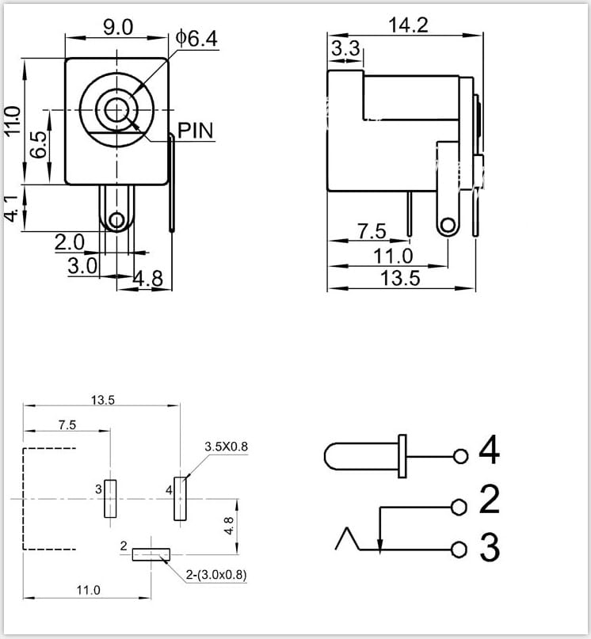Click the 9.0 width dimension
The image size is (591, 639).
(118, 28)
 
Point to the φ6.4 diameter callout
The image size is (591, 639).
(196, 38)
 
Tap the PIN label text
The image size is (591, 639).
(196, 131)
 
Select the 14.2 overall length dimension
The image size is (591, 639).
(408, 25)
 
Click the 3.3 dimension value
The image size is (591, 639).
(345, 48)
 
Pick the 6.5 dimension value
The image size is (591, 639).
(39, 145)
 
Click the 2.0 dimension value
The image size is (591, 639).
(70, 242)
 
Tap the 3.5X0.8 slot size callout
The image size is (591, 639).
(226, 447)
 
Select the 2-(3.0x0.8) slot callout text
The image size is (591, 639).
(216, 575)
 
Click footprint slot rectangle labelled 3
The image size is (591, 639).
(110, 498)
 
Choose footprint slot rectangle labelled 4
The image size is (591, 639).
(181, 498)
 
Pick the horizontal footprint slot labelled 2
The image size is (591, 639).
(151, 554)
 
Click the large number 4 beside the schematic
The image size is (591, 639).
(489, 450)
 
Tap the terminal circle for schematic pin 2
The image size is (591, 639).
(459, 508)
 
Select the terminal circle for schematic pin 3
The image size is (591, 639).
(459, 550)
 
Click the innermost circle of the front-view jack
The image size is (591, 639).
(117, 109)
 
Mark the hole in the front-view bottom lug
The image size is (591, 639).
(117, 220)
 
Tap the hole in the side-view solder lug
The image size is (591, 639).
(448, 226)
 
